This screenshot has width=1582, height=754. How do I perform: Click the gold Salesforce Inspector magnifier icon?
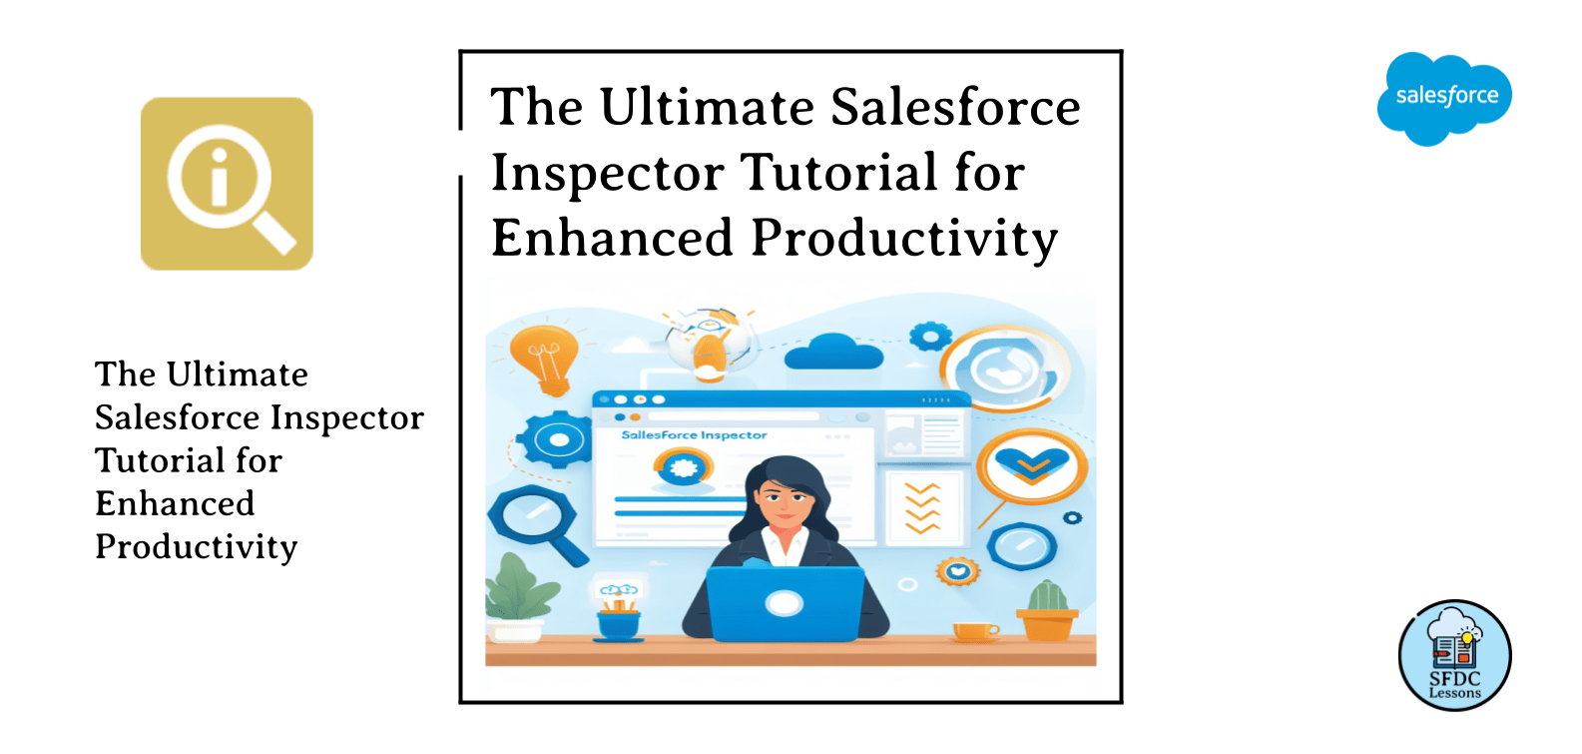[x=227, y=184]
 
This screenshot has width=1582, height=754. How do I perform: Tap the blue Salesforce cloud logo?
[x=1444, y=98]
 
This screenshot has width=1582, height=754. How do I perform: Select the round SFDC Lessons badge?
[x=1454, y=655]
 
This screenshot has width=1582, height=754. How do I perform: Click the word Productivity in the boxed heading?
[x=904, y=240]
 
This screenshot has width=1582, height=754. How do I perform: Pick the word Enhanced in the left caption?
[x=175, y=503]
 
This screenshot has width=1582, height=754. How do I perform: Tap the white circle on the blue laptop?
[x=784, y=603]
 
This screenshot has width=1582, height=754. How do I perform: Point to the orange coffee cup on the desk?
[x=974, y=630]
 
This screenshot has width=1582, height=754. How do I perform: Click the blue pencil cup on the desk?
[x=619, y=624]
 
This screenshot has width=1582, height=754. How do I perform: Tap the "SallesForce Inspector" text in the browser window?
[x=694, y=435]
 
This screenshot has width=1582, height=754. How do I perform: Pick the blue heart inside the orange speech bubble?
[x=1032, y=463]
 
